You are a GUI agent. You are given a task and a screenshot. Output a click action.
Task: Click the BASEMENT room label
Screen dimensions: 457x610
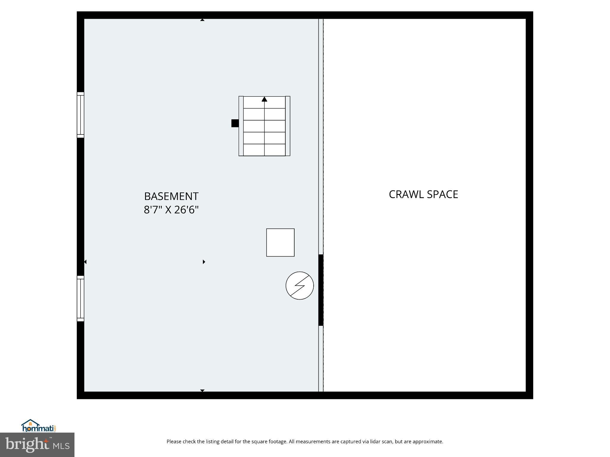coord(171,196)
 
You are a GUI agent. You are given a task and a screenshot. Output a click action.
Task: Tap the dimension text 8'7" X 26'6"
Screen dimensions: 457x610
coord(171,210)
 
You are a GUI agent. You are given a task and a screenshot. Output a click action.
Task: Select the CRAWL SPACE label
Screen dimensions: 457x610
coord(423,194)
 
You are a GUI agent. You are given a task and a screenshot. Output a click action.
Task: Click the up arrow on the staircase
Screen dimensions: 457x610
coord(264,99)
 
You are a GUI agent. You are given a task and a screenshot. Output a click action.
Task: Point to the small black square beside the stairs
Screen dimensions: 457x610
coord(235,123)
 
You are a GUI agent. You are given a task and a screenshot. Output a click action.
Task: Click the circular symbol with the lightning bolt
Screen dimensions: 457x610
coord(300,286)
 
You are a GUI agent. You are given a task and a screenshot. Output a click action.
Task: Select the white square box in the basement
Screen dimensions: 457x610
coord(280,242)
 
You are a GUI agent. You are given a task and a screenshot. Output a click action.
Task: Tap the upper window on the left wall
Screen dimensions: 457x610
coord(80,115)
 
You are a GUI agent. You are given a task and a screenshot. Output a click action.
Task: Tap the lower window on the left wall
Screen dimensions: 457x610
coord(80,298)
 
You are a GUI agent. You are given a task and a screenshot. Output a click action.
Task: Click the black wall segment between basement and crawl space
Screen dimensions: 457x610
coord(321,290)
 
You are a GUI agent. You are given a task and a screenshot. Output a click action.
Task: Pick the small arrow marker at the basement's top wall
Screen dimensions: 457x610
coord(202,20)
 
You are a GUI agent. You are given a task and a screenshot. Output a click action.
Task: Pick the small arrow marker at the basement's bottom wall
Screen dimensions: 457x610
coord(202,390)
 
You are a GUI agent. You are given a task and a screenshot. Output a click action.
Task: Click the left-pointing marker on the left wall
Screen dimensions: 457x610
coord(85,262)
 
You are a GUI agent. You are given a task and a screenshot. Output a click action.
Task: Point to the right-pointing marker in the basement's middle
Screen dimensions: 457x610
coord(204,262)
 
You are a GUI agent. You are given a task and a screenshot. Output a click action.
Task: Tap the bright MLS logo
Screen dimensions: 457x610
coord(37,445)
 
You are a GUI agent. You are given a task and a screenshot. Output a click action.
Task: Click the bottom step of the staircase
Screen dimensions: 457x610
coord(264,150)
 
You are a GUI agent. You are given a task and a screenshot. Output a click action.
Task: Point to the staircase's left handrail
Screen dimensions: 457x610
coord(241,126)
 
